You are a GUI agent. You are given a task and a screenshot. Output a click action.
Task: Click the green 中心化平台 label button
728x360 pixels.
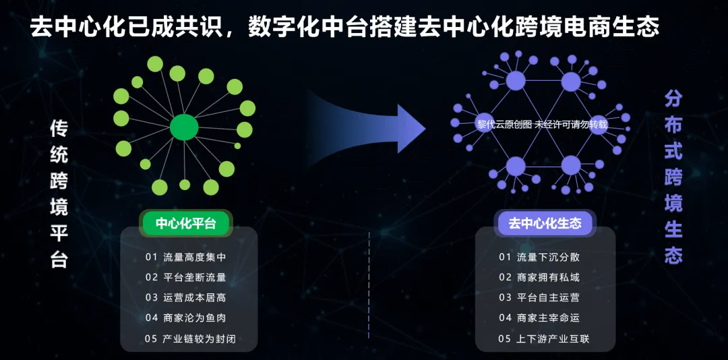pos(186,224)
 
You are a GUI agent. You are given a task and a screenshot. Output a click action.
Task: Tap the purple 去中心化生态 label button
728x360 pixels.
pos(545,224)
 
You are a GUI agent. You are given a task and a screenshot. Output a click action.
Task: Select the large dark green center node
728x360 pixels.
pos(184,127)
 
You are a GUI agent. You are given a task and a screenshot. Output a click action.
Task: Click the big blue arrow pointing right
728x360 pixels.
pos(367,128)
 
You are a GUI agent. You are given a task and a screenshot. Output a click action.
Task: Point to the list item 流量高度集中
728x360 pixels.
pos(186,257)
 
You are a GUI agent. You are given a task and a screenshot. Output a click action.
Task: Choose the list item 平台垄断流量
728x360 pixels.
pos(186,277)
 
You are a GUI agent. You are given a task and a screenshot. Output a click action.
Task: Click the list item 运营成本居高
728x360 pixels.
pos(186,298)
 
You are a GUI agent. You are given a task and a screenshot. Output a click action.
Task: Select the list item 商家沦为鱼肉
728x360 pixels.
pos(186,318)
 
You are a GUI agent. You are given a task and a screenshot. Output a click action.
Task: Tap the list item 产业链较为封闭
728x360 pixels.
pos(190,338)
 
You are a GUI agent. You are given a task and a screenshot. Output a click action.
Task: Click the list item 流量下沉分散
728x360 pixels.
pos(539,257)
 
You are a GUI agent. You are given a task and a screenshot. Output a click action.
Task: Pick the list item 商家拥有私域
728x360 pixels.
pos(539,277)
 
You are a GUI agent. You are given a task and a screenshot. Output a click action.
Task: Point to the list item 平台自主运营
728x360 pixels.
pos(539,298)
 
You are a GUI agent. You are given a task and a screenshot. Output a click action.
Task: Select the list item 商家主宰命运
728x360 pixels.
pos(539,318)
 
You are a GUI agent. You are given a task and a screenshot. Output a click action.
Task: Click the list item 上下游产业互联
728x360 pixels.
pos(544,338)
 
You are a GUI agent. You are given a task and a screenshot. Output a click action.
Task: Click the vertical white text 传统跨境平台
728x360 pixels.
pos(59,193)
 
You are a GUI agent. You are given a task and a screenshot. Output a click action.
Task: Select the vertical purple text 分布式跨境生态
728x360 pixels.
pos(673,177)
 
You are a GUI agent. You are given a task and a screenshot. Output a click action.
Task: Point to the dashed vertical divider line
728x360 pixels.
pos(369,284)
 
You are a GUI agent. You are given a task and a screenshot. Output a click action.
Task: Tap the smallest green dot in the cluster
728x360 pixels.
pos(237,146)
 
